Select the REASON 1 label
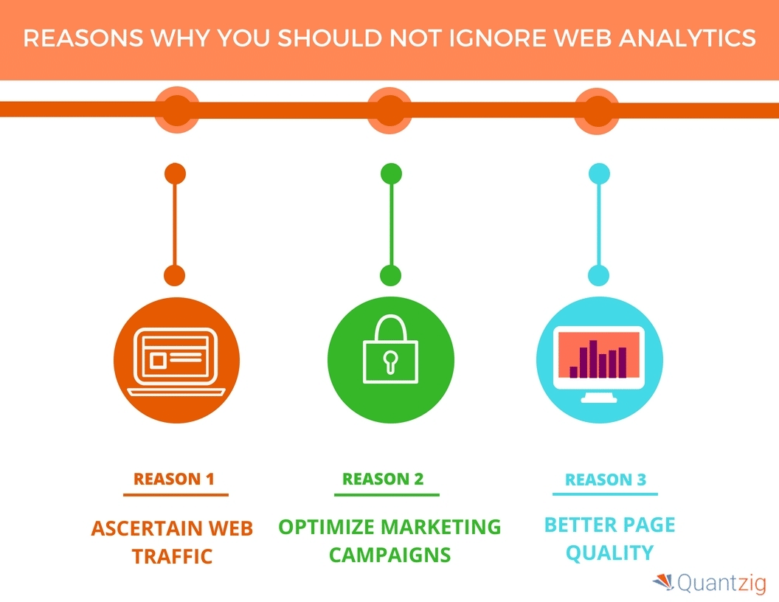click(173, 479)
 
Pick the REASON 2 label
click(383, 479)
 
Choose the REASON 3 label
click(605, 480)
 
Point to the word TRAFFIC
click(173, 556)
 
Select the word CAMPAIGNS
click(389, 555)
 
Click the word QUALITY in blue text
click(609, 553)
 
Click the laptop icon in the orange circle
click(174, 362)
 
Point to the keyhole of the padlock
click(390, 361)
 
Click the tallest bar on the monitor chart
click(592, 359)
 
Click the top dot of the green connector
click(390, 174)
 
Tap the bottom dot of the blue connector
click(599, 276)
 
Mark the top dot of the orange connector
click(175, 174)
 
